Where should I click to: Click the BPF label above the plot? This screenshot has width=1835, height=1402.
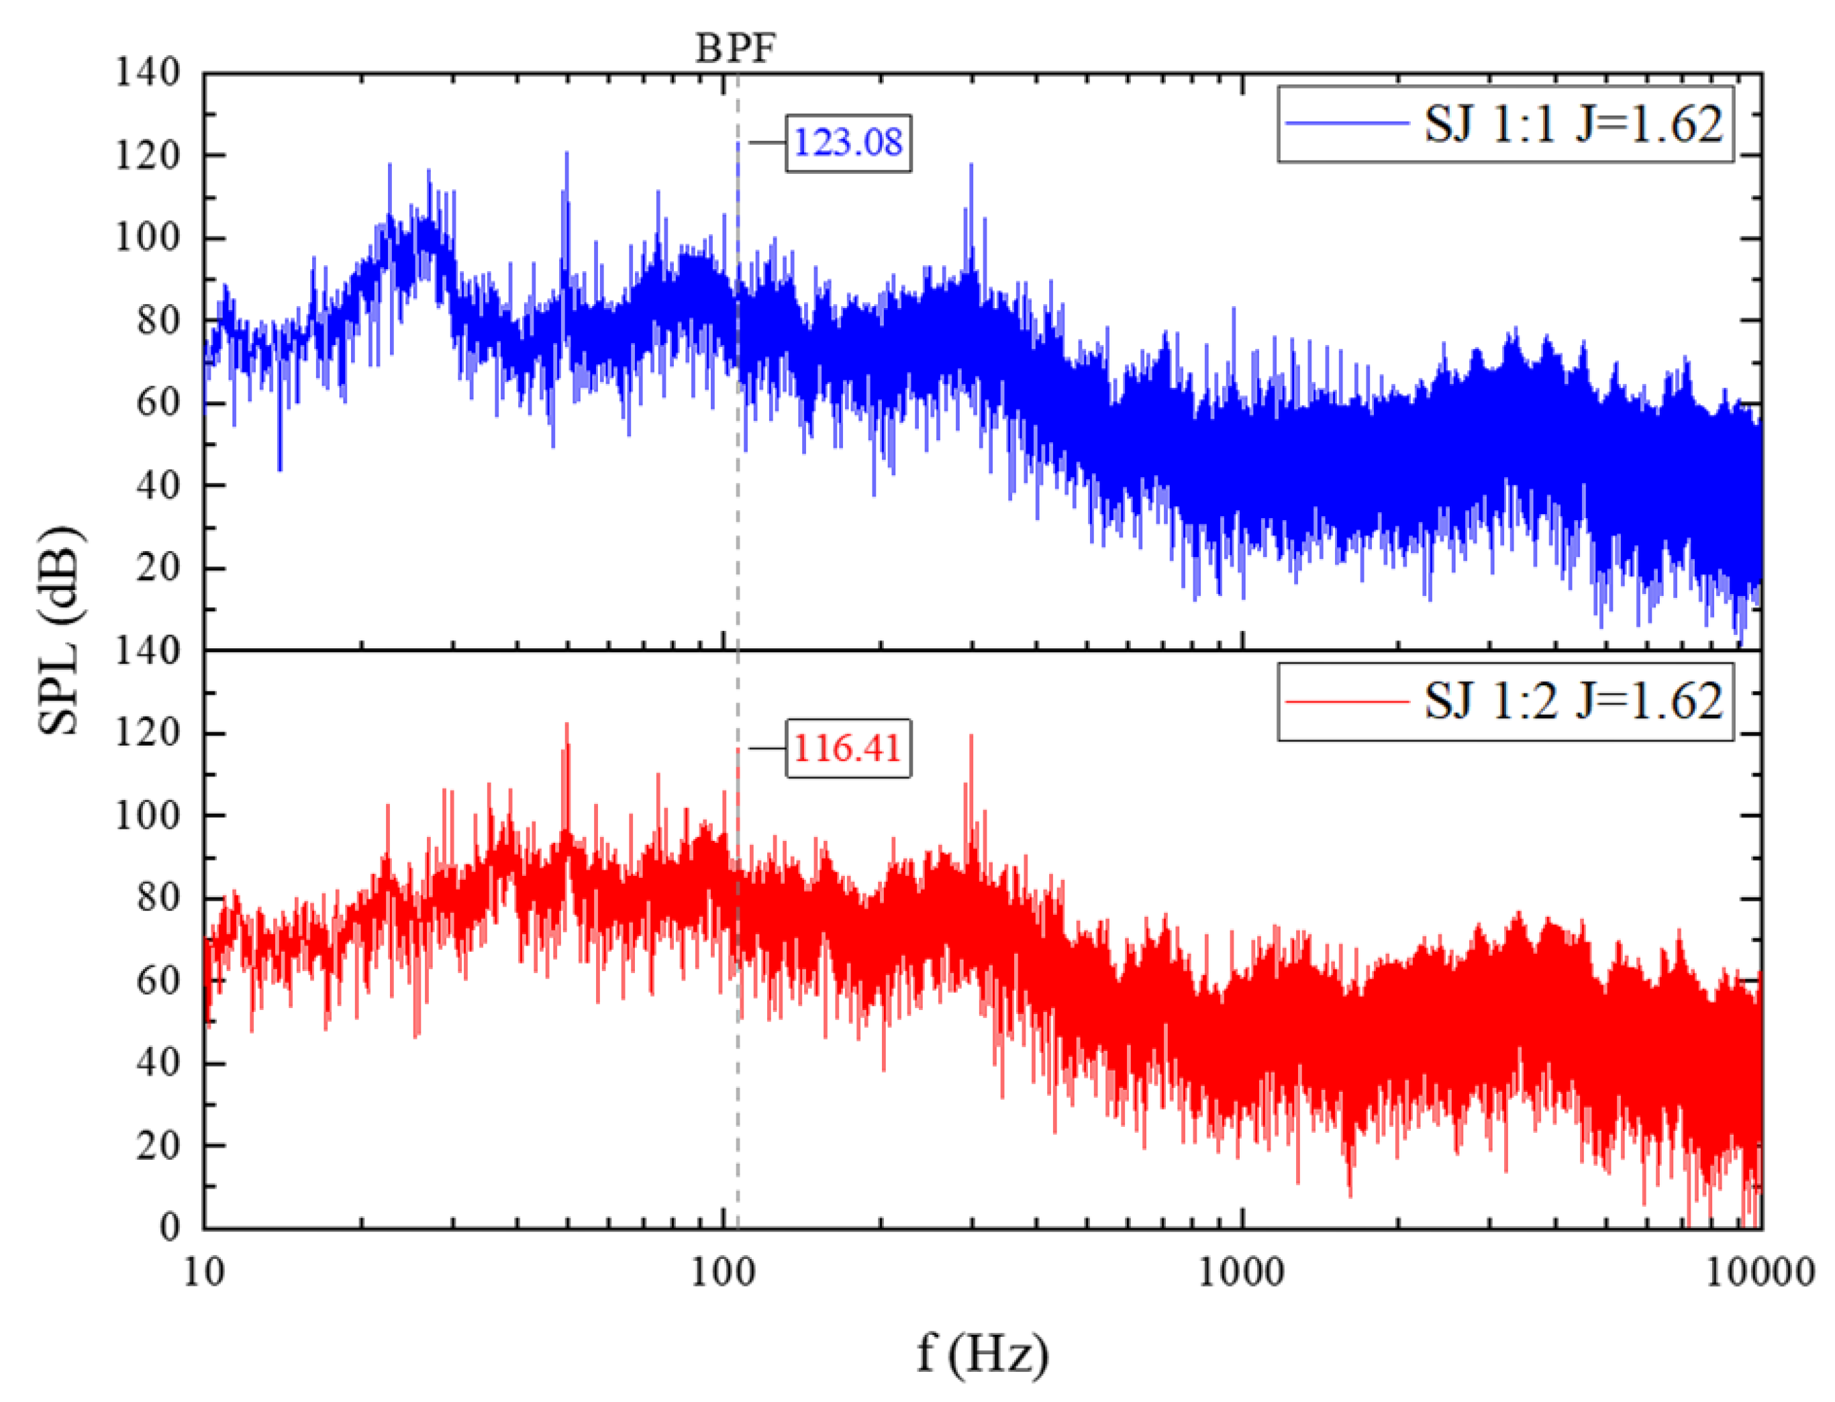point(735,48)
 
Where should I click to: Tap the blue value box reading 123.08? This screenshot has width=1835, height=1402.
point(847,143)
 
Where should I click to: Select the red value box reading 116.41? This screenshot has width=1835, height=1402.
point(847,748)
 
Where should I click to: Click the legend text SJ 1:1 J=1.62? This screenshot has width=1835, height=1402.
point(1571,124)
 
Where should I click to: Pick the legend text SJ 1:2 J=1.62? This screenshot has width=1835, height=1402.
point(1571,701)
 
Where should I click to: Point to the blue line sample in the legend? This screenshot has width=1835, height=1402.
point(1345,123)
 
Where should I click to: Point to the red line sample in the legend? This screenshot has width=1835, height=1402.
point(1345,701)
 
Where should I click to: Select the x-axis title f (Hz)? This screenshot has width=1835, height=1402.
point(982,1352)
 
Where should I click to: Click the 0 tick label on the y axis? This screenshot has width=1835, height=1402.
point(169,1227)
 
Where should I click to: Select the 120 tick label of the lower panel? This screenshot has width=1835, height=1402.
point(148,733)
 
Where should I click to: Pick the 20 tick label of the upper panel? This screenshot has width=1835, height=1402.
point(158,568)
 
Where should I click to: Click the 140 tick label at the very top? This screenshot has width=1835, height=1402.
point(148,72)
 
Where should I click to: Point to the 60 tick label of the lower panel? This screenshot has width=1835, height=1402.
point(158,980)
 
